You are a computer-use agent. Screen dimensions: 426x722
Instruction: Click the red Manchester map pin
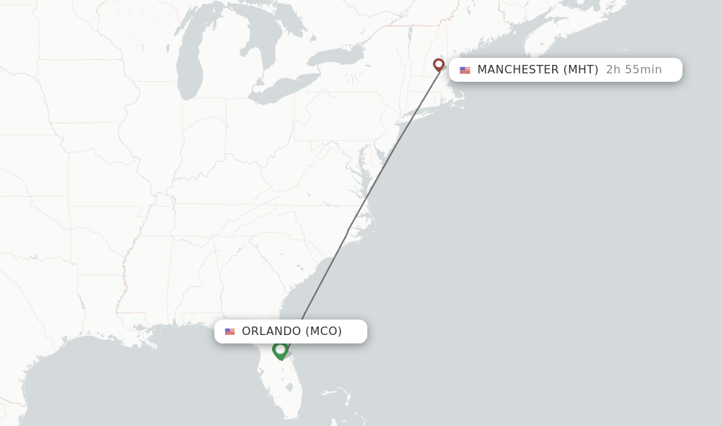pyautogui.click(x=439, y=65)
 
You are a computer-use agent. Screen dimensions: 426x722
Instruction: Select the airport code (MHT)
pyautogui.click(x=580, y=70)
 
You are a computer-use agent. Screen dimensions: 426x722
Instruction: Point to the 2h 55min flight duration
pyautogui.click(x=634, y=70)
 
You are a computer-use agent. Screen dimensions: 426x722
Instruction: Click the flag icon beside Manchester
pyautogui.click(x=465, y=70)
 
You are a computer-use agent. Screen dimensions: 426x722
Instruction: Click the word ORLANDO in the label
pyautogui.click(x=271, y=331)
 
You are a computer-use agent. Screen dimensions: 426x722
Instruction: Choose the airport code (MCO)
pyautogui.click(x=324, y=331)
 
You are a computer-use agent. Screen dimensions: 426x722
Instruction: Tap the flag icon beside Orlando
pyautogui.click(x=230, y=331)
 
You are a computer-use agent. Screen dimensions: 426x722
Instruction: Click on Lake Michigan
pyautogui.click(x=189, y=67)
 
